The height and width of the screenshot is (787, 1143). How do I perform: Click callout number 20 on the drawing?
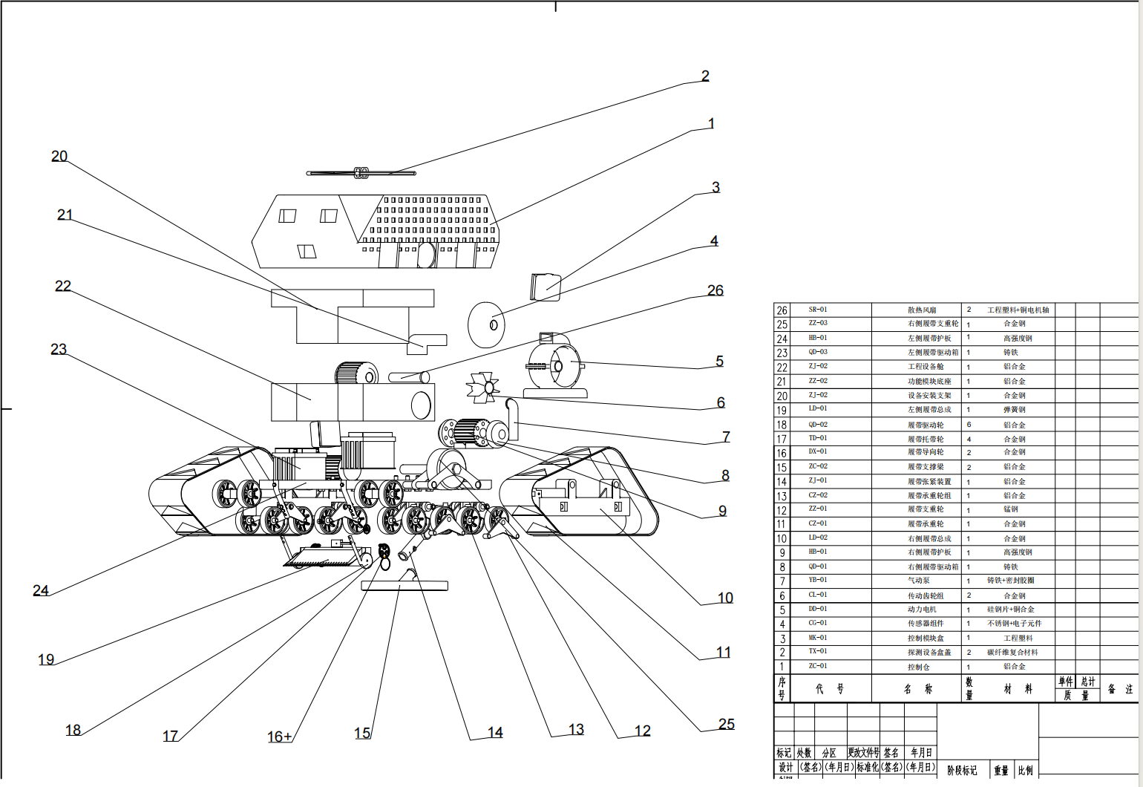point(59,157)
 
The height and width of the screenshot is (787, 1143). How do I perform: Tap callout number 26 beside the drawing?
point(715,290)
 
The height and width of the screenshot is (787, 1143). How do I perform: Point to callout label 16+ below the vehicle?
point(280,737)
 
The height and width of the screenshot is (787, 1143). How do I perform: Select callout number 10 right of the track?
point(725,598)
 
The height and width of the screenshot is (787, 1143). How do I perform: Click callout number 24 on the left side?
point(41,590)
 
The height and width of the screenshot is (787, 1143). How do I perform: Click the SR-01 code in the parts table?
point(818,310)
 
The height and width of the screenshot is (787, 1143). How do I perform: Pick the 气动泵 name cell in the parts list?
point(918,581)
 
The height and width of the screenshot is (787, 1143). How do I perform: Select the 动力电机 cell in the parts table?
point(922,610)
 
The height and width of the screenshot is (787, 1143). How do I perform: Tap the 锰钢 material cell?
point(1011,509)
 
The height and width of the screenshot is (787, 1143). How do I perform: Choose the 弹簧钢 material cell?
point(1015,410)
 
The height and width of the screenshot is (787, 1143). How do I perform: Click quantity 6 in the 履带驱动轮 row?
point(969,425)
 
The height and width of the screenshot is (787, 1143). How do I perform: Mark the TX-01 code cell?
point(818,652)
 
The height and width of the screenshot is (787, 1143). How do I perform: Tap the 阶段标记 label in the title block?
point(962,771)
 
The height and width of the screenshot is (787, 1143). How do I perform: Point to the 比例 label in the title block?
point(1025,771)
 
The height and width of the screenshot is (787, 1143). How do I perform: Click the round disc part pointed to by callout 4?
point(486,325)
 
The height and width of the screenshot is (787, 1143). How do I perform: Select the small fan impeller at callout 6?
point(483,388)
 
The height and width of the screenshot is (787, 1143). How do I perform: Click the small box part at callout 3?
point(546,287)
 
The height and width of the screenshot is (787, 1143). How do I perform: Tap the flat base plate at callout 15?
point(405,586)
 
